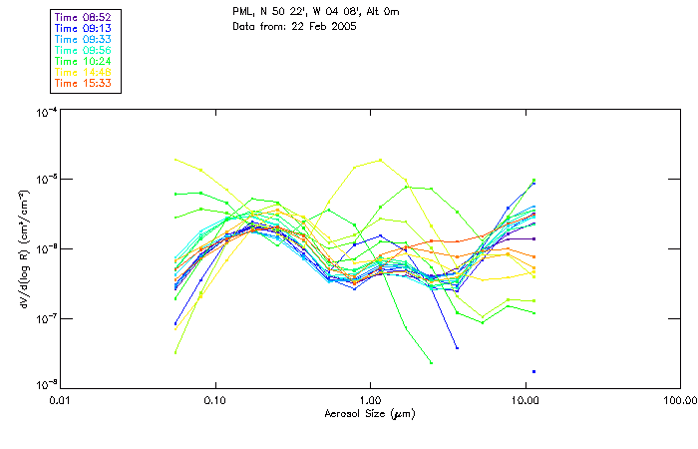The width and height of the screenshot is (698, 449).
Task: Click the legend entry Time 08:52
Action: (84, 17)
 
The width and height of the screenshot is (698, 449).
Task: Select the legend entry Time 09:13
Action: (84, 28)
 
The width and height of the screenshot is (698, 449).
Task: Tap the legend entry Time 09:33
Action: (84, 39)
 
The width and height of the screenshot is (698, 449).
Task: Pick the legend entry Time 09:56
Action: (84, 50)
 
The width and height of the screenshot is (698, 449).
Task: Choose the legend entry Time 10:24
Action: (84, 61)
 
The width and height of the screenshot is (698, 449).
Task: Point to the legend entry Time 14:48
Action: (84, 72)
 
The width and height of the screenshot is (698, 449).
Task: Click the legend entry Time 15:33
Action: (84, 83)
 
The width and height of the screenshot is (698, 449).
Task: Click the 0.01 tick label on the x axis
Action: (62, 400)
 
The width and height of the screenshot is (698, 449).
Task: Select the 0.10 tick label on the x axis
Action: (215, 400)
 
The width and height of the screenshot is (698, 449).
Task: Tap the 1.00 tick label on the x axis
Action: (370, 400)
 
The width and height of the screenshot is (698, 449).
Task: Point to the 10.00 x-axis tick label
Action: (524, 400)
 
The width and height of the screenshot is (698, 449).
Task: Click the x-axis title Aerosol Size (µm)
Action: (369, 413)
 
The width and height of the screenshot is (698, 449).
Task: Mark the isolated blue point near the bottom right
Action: (533, 371)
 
